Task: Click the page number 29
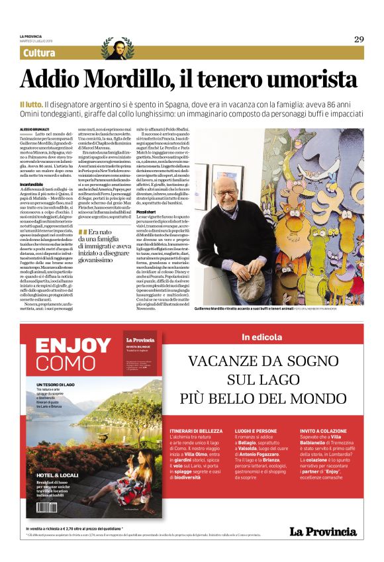coord(358,39)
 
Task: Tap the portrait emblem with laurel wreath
coord(117,48)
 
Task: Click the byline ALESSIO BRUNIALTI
coord(34,129)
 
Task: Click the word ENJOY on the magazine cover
coord(73,345)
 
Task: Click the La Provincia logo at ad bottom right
coord(322,532)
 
